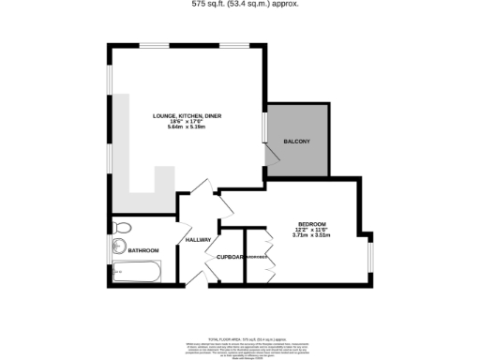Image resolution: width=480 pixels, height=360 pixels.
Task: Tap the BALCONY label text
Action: [296, 142]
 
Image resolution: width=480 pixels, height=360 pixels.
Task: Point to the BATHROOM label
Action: [143, 250]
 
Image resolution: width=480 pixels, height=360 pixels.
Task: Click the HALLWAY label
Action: [198, 240]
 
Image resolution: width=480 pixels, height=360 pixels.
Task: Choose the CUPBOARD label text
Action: [231, 257]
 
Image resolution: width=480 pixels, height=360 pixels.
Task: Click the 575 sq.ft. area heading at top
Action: [240, 4]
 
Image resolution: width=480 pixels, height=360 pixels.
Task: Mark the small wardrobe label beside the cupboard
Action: [257, 257]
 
